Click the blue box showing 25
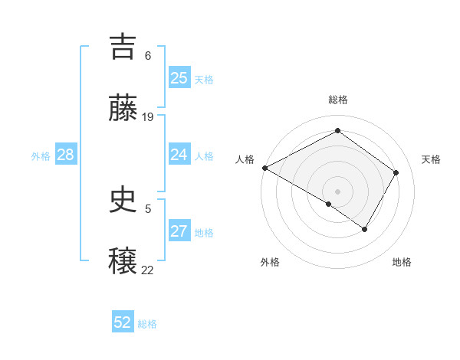[179, 78]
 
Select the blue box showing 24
[179, 155]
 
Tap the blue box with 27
[179, 231]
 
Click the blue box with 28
[66, 155]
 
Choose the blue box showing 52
[122, 322]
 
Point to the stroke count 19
[148, 117]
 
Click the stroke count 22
[148, 270]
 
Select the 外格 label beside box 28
[41, 156]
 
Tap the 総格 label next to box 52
[147, 324]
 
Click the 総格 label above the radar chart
[338, 100]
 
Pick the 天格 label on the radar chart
[432, 159]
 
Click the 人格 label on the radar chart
[245, 159]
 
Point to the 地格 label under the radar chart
[402, 262]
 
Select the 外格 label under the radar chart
[270, 262]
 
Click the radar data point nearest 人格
[264, 168]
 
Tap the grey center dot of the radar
[337, 191]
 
